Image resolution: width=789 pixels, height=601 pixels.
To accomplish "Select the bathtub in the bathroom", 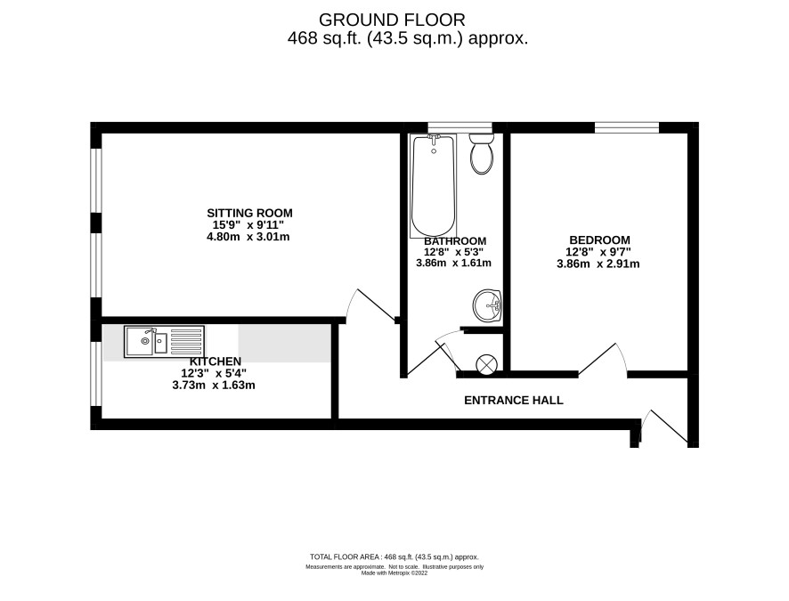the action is click(x=434, y=185).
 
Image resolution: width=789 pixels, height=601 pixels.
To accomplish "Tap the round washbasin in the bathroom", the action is click(x=487, y=305).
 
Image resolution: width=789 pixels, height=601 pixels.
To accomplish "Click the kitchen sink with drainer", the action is click(x=164, y=342).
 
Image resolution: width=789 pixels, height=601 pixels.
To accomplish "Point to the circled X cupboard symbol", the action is click(x=487, y=364).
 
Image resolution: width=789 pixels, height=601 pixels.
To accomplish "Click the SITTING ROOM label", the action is click(x=249, y=213).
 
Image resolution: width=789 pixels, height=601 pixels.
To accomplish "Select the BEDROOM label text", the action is click(x=599, y=240).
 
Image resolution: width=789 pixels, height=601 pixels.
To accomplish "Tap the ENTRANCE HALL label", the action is click(x=513, y=401).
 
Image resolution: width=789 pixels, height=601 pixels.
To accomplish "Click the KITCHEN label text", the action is click(x=216, y=361).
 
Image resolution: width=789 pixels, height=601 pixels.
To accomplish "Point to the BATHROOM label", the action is click(x=455, y=241).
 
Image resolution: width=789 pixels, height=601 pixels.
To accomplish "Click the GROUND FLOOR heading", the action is click(x=392, y=20).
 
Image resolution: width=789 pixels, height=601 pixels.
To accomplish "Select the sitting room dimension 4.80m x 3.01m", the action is click(x=248, y=236).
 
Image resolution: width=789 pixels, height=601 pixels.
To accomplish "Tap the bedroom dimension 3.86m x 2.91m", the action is click(x=598, y=264).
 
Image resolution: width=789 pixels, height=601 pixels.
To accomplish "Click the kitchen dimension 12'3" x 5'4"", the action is click(x=214, y=373).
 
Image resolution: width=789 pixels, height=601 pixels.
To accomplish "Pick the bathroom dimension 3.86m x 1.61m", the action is click(x=453, y=263).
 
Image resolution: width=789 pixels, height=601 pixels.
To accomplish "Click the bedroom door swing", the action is click(x=603, y=359).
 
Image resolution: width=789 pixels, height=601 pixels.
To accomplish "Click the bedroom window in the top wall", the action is click(x=626, y=127).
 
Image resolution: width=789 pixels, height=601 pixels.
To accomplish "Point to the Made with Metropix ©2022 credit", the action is click(x=394, y=573).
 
